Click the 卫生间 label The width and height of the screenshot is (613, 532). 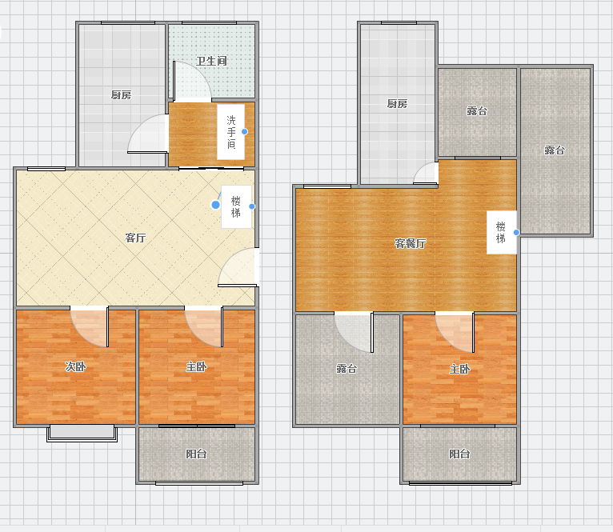[211, 61]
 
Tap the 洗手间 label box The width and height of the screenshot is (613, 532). [231, 132]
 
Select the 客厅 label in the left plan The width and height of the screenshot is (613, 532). [136, 238]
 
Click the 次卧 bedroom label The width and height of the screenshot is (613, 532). [75, 366]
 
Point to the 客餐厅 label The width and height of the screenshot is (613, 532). [410, 243]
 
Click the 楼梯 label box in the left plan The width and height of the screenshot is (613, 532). [236, 206]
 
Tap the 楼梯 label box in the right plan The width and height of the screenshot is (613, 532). [502, 232]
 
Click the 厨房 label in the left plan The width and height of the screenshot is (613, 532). [121, 95]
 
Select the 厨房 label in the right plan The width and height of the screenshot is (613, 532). [397, 103]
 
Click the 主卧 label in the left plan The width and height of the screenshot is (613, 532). [196, 366]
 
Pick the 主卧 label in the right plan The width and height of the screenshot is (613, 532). [459, 369]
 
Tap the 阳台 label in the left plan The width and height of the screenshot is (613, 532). [196, 454]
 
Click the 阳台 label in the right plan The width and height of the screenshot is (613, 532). [459, 454]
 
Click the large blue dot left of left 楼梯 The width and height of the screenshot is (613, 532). [215, 205]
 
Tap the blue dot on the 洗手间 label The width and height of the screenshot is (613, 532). [244, 132]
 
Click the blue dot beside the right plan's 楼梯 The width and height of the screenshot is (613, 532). [516, 232]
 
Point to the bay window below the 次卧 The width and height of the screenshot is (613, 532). [82, 434]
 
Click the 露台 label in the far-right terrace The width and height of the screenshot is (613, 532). [555, 150]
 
